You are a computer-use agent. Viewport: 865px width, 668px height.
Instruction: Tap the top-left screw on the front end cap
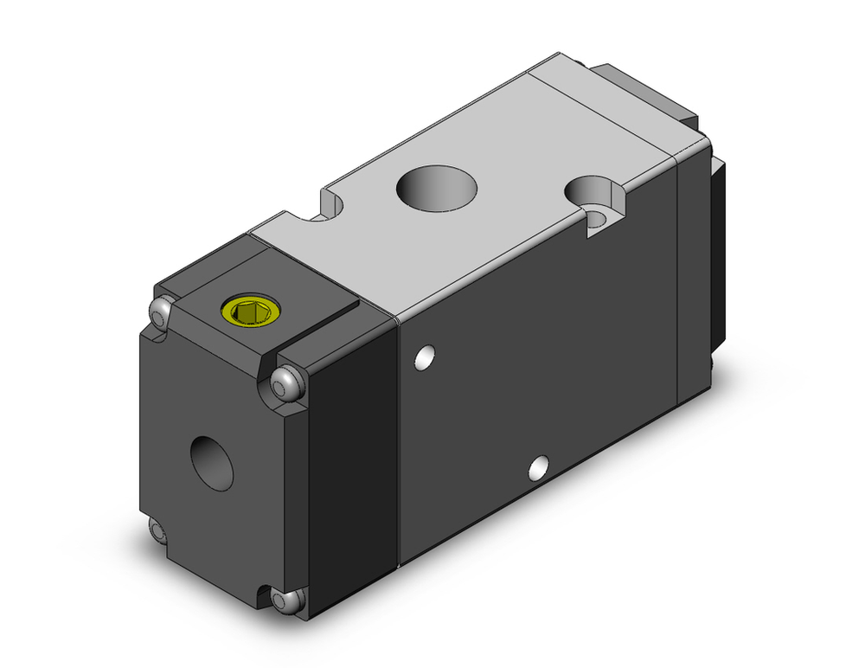(160, 312)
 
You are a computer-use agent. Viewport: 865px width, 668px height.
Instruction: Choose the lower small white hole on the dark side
(539, 467)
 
